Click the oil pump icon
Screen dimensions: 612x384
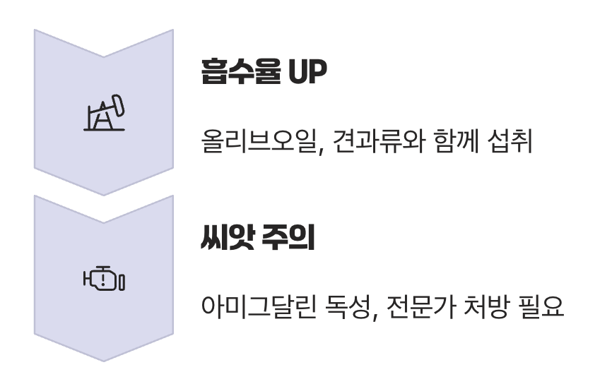click(x=103, y=114)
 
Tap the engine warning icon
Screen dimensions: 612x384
click(x=103, y=280)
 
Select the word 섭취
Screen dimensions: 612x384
click(x=515, y=143)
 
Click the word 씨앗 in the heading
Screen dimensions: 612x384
click(x=227, y=239)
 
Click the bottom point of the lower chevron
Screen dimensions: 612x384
click(x=103, y=361)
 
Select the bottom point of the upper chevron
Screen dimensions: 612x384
click(x=103, y=195)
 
